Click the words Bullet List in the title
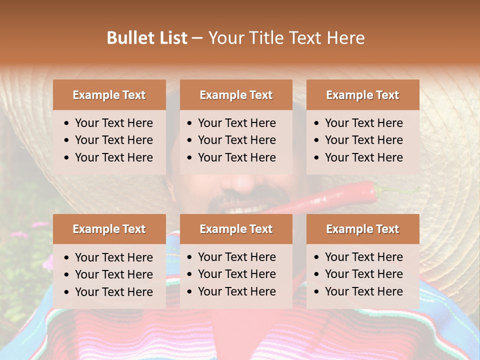click(146, 38)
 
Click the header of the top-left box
click(109, 95)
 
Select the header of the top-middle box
click(236, 95)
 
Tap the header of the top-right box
click(362, 95)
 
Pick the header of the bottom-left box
click(109, 229)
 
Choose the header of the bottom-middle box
click(236, 229)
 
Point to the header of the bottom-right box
click(362, 229)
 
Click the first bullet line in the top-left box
click(113, 123)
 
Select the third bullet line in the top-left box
click(113, 157)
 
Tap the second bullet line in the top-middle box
click(236, 140)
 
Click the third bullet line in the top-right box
click(363, 157)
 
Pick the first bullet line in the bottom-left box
click(113, 257)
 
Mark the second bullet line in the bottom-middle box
click(236, 274)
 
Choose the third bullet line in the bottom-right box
click(363, 291)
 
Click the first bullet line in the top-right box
click(363, 123)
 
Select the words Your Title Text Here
click(286, 38)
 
